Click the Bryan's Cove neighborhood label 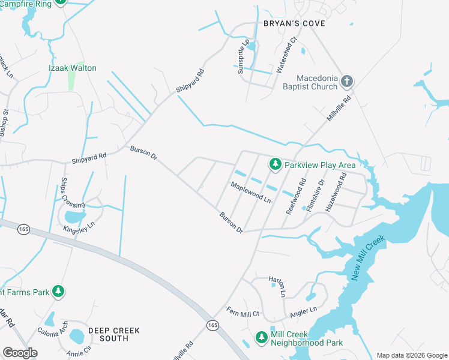[x=294, y=23]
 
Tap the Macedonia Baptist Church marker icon [x=346, y=81]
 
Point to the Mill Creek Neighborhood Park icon [x=262, y=338]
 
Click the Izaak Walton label [x=72, y=68]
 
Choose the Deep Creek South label [x=113, y=334]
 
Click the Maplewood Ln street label [x=251, y=192]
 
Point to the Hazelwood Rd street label [x=336, y=191]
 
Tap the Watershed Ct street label [x=286, y=56]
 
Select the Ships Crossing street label [x=64, y=193]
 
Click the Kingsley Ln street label [x=83, y=228]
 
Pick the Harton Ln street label [x=276, y=281]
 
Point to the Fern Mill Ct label [x=243, y=312]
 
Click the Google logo [x=20, y=352]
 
